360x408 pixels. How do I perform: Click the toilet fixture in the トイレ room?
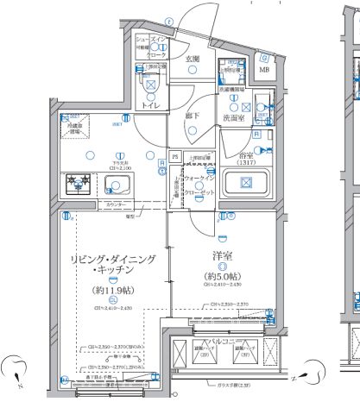(x=151, y=86)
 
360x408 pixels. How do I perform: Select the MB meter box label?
(x=264, y=69)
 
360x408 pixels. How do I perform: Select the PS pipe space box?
(x=175, y=157)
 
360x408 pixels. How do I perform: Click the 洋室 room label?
(x=223, y=255)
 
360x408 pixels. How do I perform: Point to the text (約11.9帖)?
(x=113, y=291)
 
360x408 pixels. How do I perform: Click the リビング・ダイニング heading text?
(x=112, y=258)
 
